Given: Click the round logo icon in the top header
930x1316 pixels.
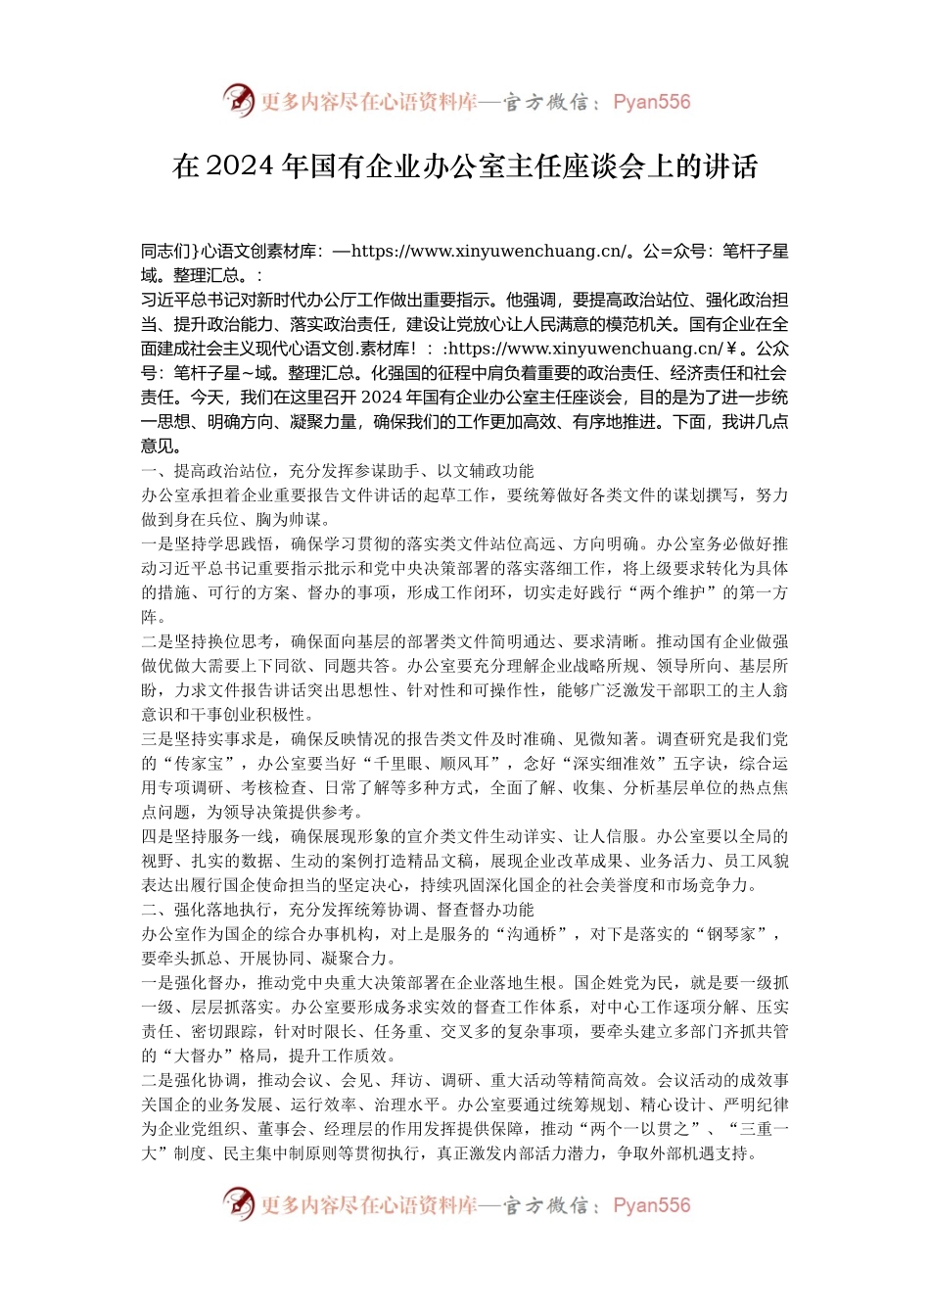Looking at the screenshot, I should pyautogui.click(x=238, y=100).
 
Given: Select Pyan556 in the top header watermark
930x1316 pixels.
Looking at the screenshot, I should pyautogui.click(x=651, y=102).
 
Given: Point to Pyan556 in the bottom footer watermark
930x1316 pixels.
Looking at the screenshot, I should pyautogui.click(x=651, y=1205).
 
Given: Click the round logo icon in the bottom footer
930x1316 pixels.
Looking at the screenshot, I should pyautogui.click(x=238, y=1203).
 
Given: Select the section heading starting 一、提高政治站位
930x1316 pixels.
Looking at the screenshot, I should pyautogui.click(x=338, y=471).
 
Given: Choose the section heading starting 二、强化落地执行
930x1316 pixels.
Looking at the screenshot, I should pyautogui.click(x=338, y=910).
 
